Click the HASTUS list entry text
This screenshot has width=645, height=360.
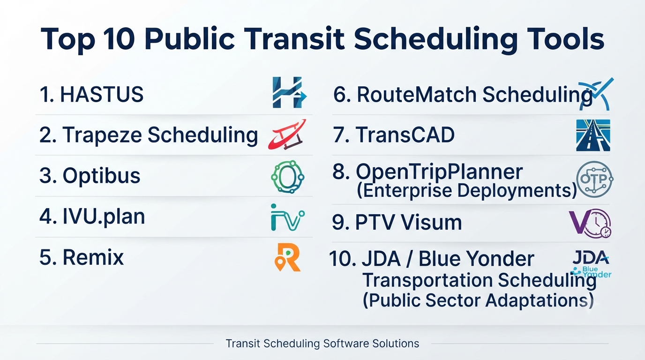[91, 94]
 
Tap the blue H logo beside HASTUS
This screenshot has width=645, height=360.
[289, 92]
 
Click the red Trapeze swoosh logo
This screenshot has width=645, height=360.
[287, 135]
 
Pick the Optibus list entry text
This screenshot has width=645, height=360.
[90, 176]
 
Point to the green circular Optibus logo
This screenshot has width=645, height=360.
[288, 177]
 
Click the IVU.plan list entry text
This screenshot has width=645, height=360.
[92, 217]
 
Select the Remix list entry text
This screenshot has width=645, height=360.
[82, 257]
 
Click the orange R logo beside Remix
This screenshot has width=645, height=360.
[287, 257]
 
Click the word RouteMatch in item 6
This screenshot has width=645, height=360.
[417, 94]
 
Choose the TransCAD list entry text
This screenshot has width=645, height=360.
[394, 135]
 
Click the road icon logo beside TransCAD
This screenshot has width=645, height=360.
[593, 135]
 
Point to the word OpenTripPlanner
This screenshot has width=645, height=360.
[439, 172]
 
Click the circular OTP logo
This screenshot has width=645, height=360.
[594, 179]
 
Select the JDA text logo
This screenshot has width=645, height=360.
[591, 257]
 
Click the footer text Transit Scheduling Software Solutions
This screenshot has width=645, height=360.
[322, 344]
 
